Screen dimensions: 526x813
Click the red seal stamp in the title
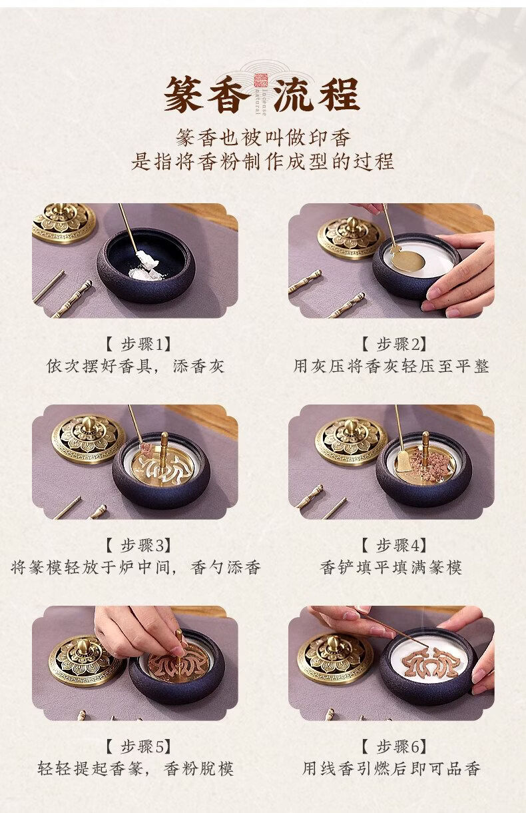click(x=261, y=80)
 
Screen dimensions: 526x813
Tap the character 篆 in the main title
click(x=185, y=95)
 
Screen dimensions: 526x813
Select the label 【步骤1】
click(x=138, y=344)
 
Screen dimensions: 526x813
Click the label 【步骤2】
click(x=394, y=344)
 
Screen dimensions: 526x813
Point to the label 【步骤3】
click(x=138, y=545)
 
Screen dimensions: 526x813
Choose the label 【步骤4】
click(x=394, y=545)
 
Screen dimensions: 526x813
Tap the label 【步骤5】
click(x=138, y=746)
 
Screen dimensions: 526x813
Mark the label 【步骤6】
click(x=394, y=746)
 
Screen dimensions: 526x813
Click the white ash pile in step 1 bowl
click(x=146, y=267)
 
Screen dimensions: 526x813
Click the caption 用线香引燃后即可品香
click(x=392, y=768)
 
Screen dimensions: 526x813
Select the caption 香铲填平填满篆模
click(x=391, y=567)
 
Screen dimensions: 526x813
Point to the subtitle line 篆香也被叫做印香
click(x=264, y=137)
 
